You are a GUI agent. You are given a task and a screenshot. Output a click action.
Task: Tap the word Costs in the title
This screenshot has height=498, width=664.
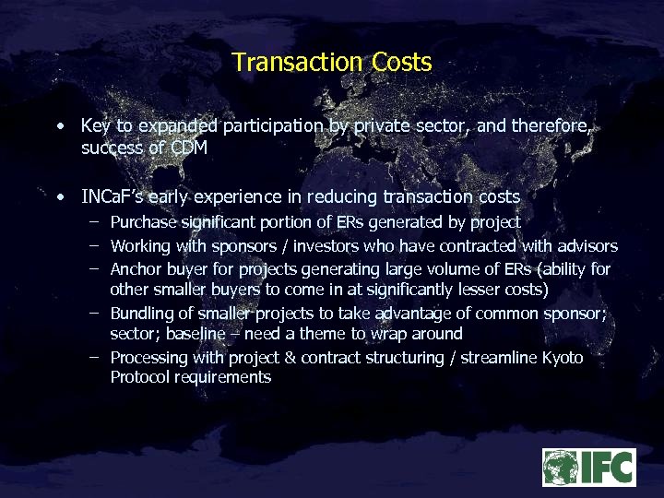(x=402, y=63)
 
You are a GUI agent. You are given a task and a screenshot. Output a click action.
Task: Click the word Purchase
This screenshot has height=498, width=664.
(x=142, y=222)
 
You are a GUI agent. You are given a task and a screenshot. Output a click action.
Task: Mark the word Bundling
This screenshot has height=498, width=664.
(x=142, y=314)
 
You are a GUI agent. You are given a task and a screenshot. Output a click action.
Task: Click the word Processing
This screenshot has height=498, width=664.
(x=150, y=357)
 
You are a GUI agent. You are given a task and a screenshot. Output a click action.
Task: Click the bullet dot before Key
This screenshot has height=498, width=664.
(x=60, y=125)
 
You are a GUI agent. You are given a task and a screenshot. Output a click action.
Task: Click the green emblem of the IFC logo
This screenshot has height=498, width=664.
(x=561, y=468)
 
